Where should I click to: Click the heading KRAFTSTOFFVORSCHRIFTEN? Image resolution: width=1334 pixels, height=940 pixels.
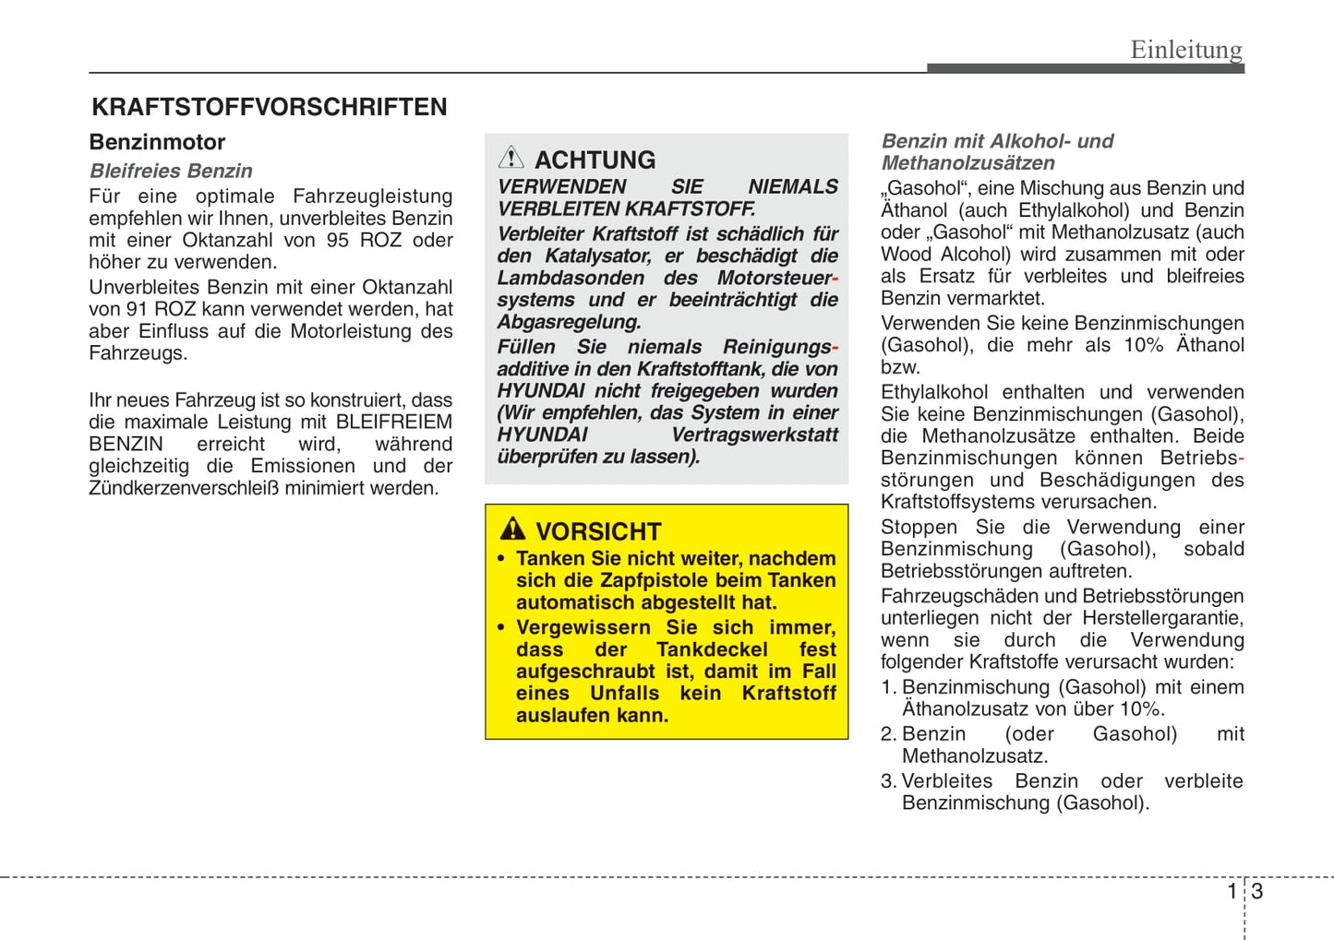(x=269, y=107)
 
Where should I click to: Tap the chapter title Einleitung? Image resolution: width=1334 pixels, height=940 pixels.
(x=1186, y=49)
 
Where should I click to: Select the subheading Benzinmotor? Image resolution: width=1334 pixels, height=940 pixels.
(x=157, y=142)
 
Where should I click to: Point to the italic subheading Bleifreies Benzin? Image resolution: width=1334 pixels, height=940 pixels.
(x=171, y=171)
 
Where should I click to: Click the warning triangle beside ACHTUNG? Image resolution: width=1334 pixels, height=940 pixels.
(x=511, y=158)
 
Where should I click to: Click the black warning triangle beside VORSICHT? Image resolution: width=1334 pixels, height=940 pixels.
(x=512, y=529)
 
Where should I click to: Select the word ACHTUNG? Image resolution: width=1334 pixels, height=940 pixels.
(x=595, y=160)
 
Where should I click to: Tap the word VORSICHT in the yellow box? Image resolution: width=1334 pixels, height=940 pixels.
(x=598, y=532)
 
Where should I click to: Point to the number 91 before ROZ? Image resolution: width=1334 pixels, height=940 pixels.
(x=137, y=309)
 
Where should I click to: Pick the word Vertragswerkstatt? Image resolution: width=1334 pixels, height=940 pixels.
(x=754, y=434)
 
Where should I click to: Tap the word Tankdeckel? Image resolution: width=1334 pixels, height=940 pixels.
(x=712, y=649)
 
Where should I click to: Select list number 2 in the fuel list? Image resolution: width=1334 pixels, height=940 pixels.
(x=887, y=734)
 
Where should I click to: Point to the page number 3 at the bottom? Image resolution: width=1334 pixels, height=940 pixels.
(x=1257, y=891)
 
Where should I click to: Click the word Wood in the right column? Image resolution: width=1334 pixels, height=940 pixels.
(x=905, y=255)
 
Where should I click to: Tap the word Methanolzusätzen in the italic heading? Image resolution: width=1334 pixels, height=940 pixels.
(x=967, y=163)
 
